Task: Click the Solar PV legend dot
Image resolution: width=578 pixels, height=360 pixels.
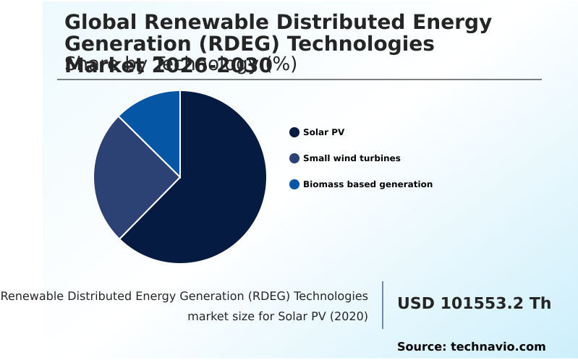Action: click(x=294, y=132)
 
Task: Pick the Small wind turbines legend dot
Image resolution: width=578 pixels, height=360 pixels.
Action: click(x=294, y=158)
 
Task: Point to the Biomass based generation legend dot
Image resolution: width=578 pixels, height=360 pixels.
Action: click(x=294, y=184)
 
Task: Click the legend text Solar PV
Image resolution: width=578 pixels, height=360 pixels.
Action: click(x=323, y=132)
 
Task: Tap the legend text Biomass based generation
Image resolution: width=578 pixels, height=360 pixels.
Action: click(x=367, y=184)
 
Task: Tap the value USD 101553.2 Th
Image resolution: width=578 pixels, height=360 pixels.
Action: click(x=474, y=304)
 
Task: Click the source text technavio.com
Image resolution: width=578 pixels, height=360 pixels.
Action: click(x=498, y=347)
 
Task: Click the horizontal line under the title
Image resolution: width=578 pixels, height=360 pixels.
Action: click(x=299, y=80)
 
